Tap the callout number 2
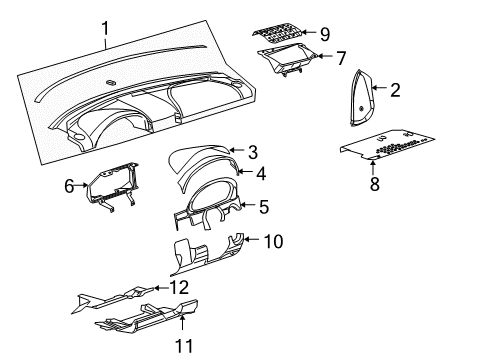coord(395,91)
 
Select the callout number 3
coord(253,152)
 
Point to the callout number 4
coord(262,172)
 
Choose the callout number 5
coord(263,207)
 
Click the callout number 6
coord(70,184)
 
